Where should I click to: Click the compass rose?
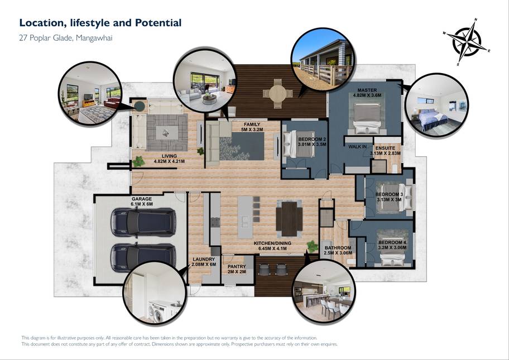click(x=467, y=42)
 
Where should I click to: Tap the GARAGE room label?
click(x=142, y=199)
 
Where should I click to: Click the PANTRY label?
click(x=237, y=266)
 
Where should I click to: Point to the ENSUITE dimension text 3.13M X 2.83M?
click(x=385, y=153)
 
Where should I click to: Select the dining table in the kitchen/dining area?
click(x=289, y=219)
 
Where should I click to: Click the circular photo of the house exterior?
click(x=323, y=59)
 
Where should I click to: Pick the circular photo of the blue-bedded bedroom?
click(x=436, y=105)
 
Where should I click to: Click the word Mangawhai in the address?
click(x=94, y=38)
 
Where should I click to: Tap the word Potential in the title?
click(x=158, y=23)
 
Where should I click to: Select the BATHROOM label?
click(x=338, y=248)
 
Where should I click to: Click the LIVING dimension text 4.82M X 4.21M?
click(x=169, y=161)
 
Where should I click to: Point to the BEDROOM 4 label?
click(x=392, y=242)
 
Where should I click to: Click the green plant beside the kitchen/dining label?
click(x=313, y=246)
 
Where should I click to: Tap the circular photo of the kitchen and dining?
click(x=324, y=292)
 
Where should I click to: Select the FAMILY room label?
click(x=252, y=124)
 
